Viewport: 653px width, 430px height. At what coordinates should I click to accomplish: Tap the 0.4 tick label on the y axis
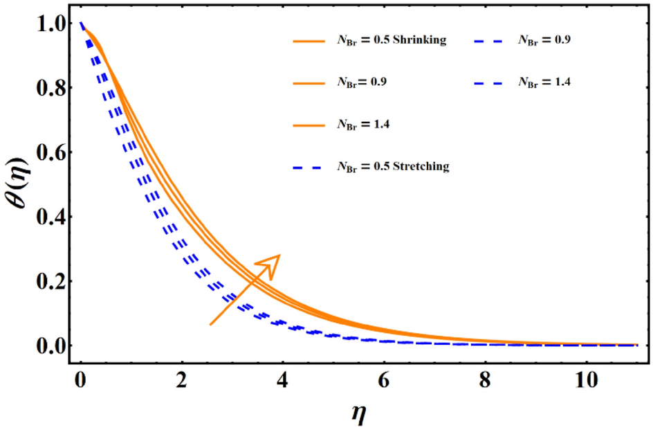click(x=48, y=217)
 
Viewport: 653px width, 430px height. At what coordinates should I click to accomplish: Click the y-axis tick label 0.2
click(x=48, y=282)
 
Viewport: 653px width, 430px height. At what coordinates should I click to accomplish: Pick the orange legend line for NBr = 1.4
click(x=309, y=125)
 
